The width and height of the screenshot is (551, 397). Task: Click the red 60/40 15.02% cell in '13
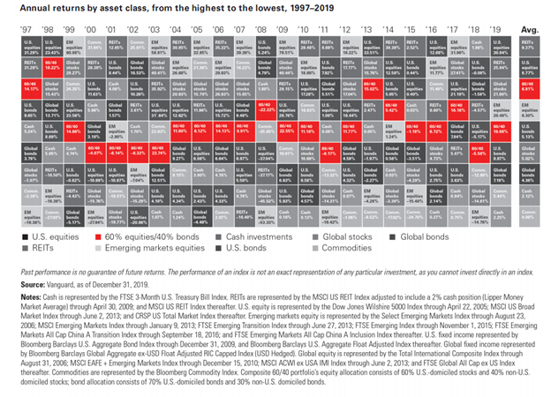point(372,90)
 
